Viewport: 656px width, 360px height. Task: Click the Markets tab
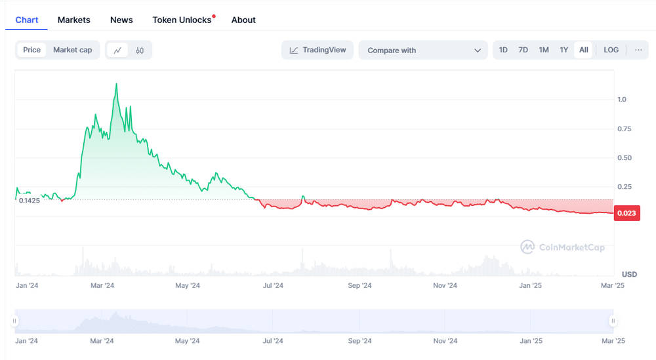click(73, 20)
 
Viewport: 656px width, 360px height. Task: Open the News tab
click(121, 20)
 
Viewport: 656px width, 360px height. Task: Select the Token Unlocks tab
click(182, 20)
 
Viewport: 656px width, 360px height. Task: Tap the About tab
click(243, 20)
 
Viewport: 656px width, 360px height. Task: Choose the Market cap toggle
click(72, 50)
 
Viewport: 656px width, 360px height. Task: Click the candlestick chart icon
click(140, 50)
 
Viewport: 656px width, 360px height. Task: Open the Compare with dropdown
click(423, 50)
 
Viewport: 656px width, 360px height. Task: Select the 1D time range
click(503, 50)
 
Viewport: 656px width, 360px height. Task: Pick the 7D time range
click(523, 50)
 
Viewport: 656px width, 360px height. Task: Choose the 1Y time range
click(564, 50)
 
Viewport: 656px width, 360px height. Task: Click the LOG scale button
click(611, 50)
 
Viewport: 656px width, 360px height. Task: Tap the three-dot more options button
click(638, 50)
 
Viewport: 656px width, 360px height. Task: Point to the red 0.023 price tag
click(626, 213)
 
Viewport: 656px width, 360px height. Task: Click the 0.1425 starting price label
click(30, 201)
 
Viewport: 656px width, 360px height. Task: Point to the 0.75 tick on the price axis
click(625, 129)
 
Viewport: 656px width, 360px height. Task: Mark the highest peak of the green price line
click(116, 84)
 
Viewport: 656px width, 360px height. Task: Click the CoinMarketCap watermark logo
click(527, 247)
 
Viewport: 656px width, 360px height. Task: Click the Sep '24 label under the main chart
click(359, 286)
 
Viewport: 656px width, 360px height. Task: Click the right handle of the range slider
click(613, 321)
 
